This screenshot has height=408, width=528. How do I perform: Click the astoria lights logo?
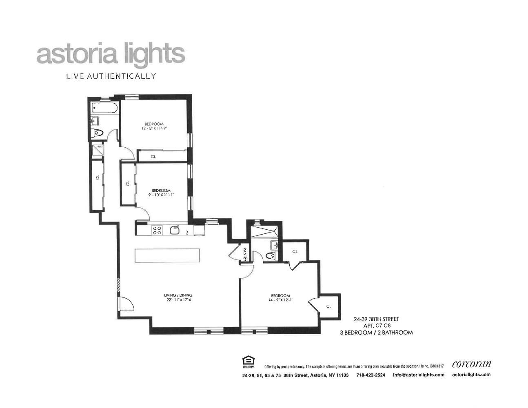point(111,55)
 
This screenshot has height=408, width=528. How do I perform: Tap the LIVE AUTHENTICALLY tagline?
point(111,76)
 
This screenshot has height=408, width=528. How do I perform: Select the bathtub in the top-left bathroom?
point(104,109)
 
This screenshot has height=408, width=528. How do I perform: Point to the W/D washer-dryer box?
point(98,150)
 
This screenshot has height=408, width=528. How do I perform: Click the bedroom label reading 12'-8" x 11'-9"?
point(154,126)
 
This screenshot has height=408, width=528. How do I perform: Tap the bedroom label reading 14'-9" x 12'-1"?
point(280,298)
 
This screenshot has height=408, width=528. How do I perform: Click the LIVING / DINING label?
point(178,297)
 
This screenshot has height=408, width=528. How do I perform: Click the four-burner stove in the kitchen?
point(156,231)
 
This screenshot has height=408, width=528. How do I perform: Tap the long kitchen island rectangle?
point(168,256)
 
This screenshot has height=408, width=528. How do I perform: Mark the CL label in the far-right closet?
point(328,306)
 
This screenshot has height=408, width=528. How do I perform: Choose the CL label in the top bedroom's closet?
point(153,156)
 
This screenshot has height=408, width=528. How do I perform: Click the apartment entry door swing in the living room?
point(126,304)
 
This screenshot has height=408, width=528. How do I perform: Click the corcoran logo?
point(471,364)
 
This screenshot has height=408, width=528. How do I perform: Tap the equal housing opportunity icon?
point(247,361)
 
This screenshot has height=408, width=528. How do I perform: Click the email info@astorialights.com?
point(418,375)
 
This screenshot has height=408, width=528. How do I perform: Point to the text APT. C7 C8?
point(377,326)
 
